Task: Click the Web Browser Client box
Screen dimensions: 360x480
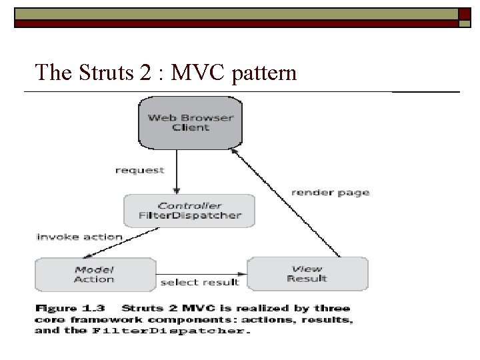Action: (x=191, y=122)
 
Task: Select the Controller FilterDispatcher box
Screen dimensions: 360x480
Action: (x=190, y=211)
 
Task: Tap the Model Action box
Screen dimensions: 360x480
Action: (x=94, y=274)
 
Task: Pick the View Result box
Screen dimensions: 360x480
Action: (x=307, y=274)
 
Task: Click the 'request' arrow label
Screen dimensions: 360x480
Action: (x=139, y=171)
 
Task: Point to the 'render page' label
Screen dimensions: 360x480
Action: (x=331, y=193)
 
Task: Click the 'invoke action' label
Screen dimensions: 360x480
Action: (x=79, y=237)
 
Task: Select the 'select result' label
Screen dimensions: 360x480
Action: (x=200, y=282)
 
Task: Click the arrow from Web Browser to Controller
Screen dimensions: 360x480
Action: (x=177, y=171)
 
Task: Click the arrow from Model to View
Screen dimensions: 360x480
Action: (x=201, y=273)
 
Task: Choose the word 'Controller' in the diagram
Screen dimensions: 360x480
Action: (x=190, y=206)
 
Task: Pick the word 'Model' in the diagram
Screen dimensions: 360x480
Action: (x=94, y=269)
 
